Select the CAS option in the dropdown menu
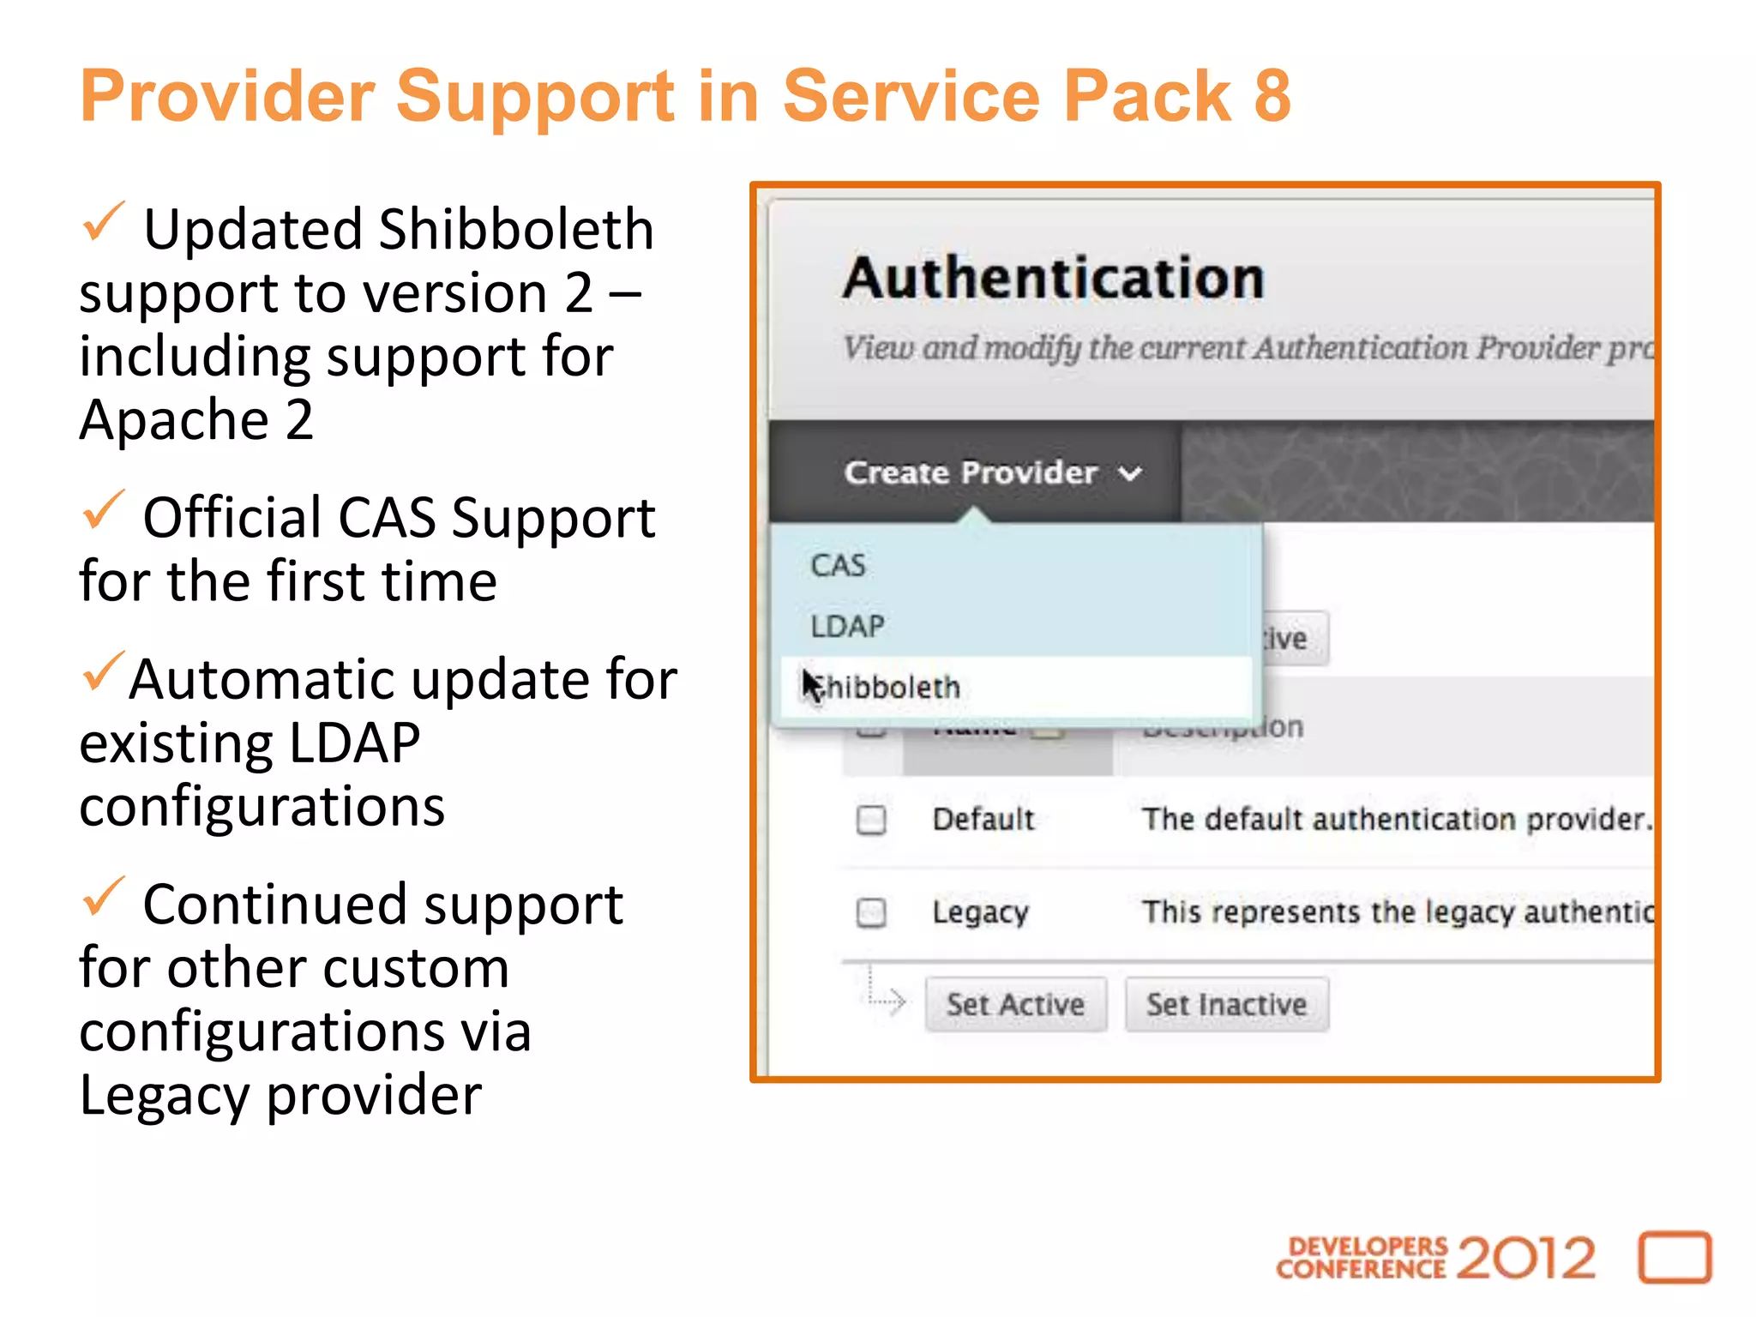[x=838, y=566]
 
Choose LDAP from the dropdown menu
[x=847, y=627]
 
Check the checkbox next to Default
[x=871, y=820]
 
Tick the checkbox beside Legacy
[x=871, y=911]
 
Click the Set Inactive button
[x=1226, y=1004]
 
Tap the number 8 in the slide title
[x=1272, y=96]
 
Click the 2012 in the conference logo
[x=1525, y=1259]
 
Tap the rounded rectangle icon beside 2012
[x=1675, y=1258]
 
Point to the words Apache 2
[x=196, y=420]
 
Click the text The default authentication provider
[x=1394, y=820]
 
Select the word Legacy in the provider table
[x=980, y=912]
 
